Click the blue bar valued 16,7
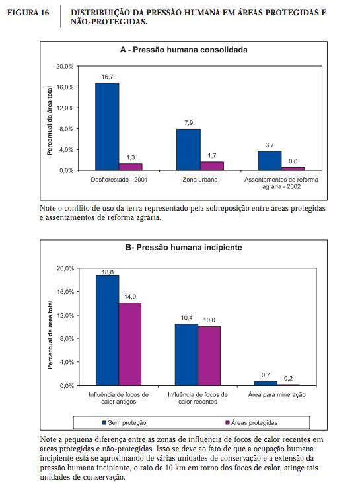click(107, 127)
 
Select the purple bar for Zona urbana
click(212, 166)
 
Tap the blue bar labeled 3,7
click(270, 161)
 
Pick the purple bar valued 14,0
click(130, 344)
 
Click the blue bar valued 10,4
click(187, 355)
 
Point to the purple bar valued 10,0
click(209, 356)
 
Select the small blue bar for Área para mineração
click(266, 383)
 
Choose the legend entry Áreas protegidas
click(252, 423)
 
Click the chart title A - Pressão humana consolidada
click(184, 50)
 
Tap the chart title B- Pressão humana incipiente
click(184, 248)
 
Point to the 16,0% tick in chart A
click(65, 87)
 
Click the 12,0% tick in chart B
click(65, 315)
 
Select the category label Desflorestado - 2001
click(119, 180)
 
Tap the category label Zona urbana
click(200, 180)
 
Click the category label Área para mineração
click(277, 395)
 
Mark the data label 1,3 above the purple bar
click(131, 157)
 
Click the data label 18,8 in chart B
click(108, 272)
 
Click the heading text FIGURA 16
click(28, 13)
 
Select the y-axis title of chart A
click(50, 120)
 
